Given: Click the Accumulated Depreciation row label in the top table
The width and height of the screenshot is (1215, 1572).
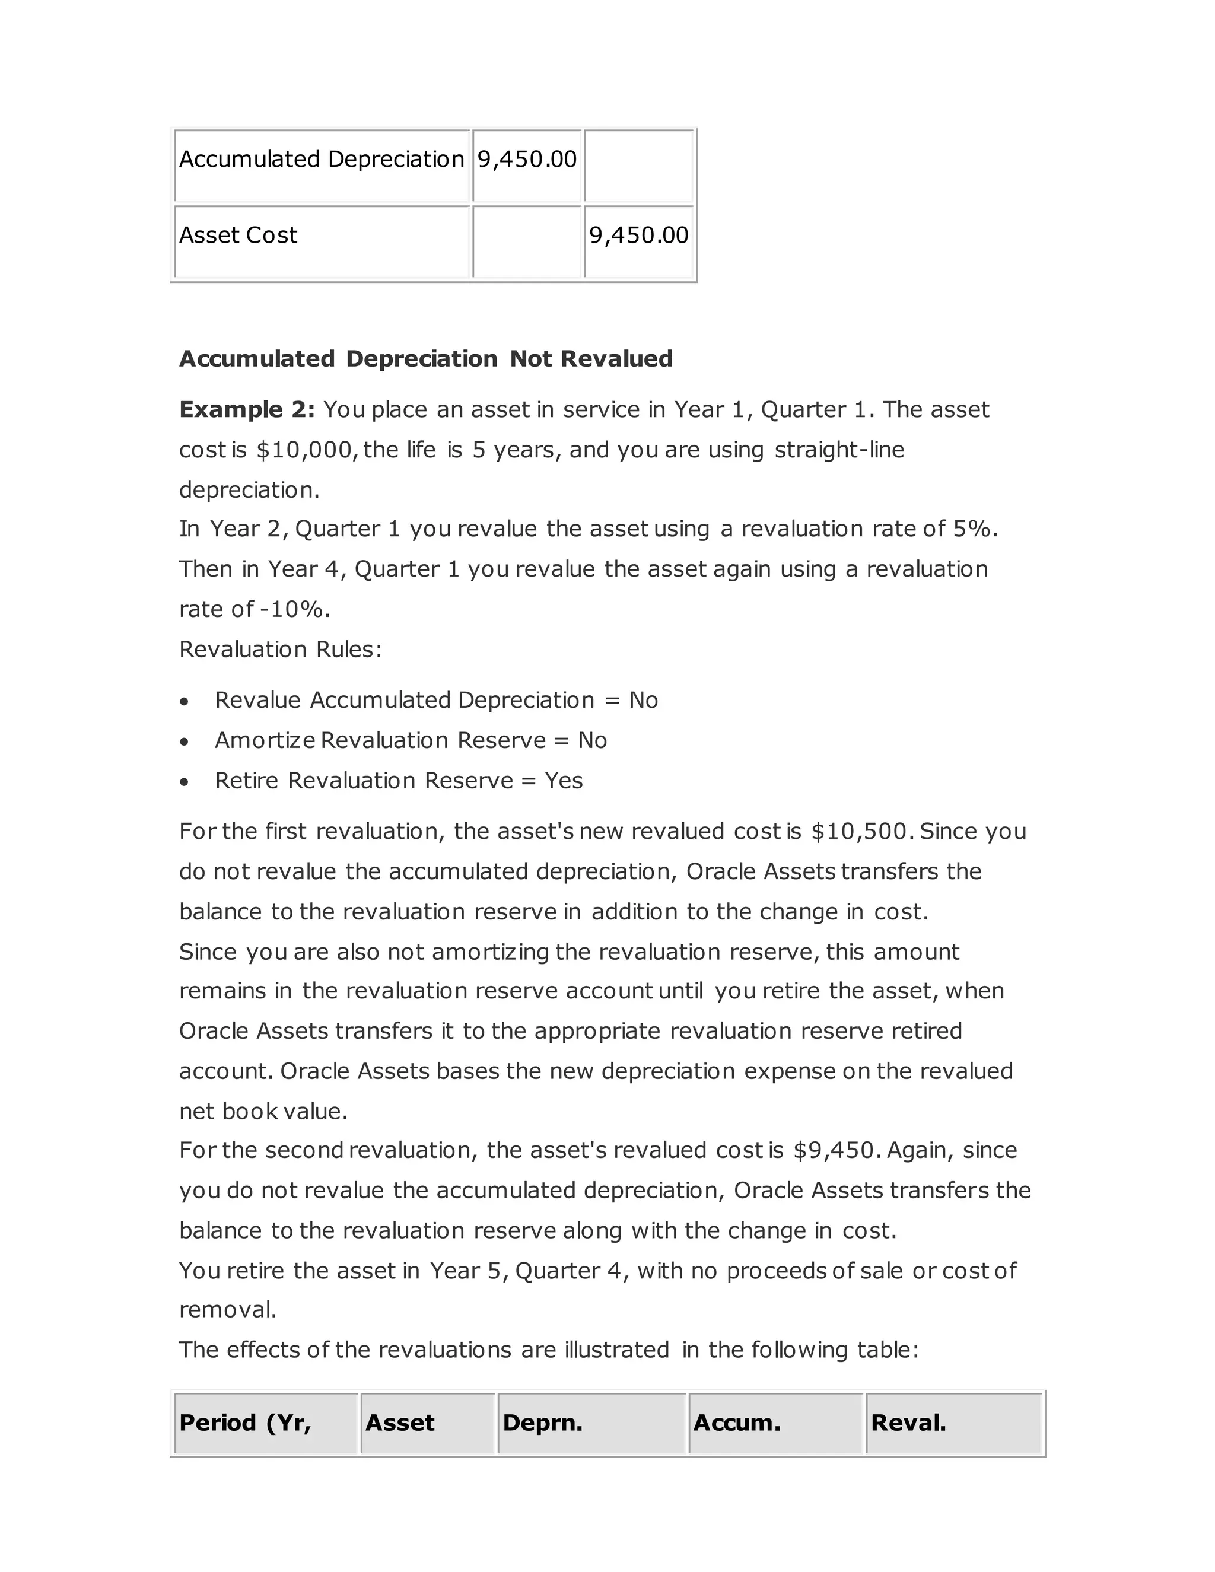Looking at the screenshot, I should (321, 159).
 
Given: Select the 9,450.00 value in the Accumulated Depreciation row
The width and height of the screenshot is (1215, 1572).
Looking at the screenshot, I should (527, 159).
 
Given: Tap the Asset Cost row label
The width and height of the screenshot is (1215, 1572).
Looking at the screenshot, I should (238, 236).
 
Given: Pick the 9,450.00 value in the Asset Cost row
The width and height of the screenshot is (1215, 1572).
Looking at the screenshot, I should (638, 236).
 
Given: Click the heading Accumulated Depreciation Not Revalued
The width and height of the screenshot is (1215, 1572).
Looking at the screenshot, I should (425, 358).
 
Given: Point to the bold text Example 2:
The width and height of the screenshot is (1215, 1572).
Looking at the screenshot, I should (247, 409).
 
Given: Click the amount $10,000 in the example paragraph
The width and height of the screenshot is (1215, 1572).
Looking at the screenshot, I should (303, 450).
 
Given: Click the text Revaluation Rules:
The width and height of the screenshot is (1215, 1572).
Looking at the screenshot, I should (280, 649).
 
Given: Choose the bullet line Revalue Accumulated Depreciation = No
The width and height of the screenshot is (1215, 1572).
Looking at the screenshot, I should (436, 701).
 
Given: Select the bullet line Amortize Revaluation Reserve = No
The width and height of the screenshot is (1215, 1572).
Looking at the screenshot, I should (411, 741).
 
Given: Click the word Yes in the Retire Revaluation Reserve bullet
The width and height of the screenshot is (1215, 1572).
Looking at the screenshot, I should (564, 781).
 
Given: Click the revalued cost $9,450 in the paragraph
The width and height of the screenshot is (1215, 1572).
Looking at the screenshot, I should (834, 1150).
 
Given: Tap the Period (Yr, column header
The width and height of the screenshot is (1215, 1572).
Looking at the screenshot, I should (246, 1423).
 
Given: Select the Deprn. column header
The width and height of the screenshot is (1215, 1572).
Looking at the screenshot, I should (543, 1423).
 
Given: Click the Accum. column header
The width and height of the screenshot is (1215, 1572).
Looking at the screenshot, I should (736, 1423).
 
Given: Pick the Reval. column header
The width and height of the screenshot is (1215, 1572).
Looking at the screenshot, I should (908, 1423).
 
